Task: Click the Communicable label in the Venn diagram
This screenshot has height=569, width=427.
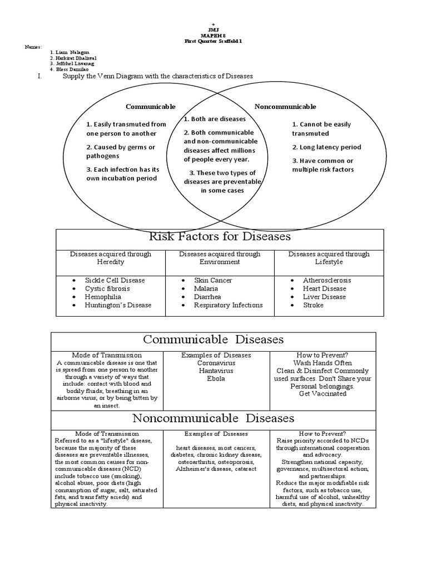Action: [151, 107]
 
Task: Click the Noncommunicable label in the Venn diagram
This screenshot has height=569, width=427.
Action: [285, 107]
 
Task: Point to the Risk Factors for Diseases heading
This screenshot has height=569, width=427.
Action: [220, 237]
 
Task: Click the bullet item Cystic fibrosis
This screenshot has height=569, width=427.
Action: [107, 289]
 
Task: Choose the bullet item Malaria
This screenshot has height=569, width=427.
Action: [206, 289]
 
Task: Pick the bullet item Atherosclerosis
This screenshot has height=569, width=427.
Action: [327, 281]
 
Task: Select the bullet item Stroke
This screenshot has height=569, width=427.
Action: [313, 305]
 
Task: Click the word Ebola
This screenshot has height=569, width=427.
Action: [216, 378]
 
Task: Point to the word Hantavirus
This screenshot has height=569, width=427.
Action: [216, 371]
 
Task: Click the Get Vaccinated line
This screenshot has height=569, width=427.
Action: [322, 394]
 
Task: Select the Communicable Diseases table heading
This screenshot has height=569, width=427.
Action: [213, 340]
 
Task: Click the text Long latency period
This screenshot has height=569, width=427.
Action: [327, 147]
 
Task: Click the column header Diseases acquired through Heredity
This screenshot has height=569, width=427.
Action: [110, 258]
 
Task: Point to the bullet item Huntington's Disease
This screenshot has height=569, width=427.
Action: [118, 305]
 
